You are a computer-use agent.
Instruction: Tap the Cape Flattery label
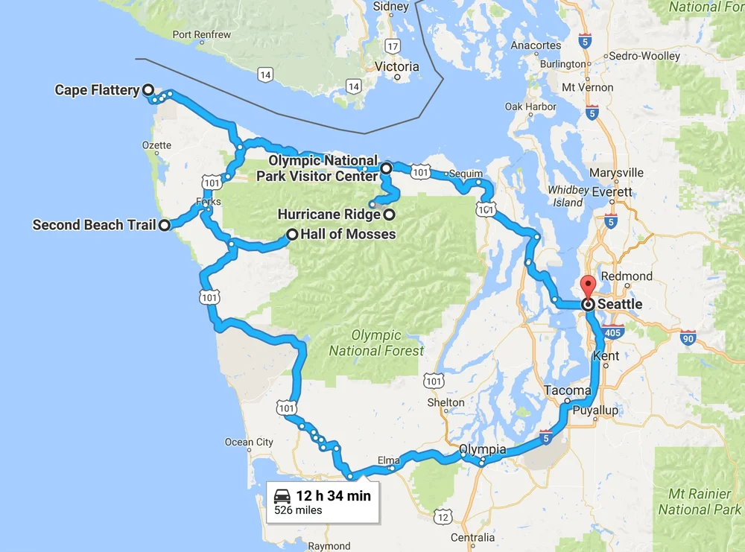(x=97, y=90)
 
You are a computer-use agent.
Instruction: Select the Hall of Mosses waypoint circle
(x=293, y=235)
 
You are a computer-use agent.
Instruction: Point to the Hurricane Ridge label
(x=329, y=215)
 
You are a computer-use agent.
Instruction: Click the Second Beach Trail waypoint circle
(x=165, y=225)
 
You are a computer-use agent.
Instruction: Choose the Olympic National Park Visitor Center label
(x=317, y=168)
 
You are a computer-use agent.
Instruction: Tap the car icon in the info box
(x=282, y=496)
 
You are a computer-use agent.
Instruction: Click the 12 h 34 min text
(x=332, y=495)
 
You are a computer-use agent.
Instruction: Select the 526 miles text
(x=298, y=510)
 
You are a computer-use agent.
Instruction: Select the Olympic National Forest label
(x=377, y=343)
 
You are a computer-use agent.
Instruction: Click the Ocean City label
(x=249, y=442)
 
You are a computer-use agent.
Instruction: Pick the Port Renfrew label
(x=201, y=34)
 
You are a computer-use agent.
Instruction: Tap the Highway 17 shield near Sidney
(x=393, y=25)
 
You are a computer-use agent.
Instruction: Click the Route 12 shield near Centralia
(x=443, y=517)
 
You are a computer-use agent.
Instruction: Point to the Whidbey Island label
(x=568, y=196)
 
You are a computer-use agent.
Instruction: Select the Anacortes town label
(x=536, y=45)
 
